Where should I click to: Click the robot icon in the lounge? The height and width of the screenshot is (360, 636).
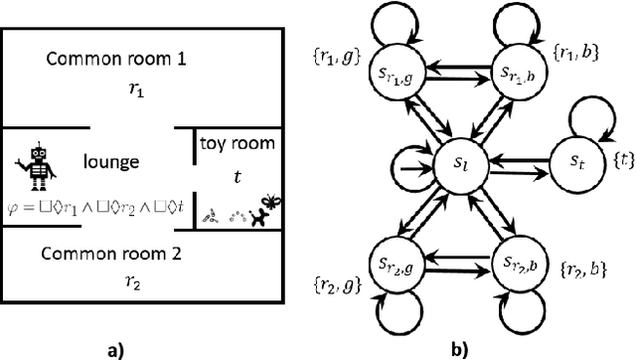pos(38,165)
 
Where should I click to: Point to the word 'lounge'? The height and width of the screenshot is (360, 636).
pos(110,162)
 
